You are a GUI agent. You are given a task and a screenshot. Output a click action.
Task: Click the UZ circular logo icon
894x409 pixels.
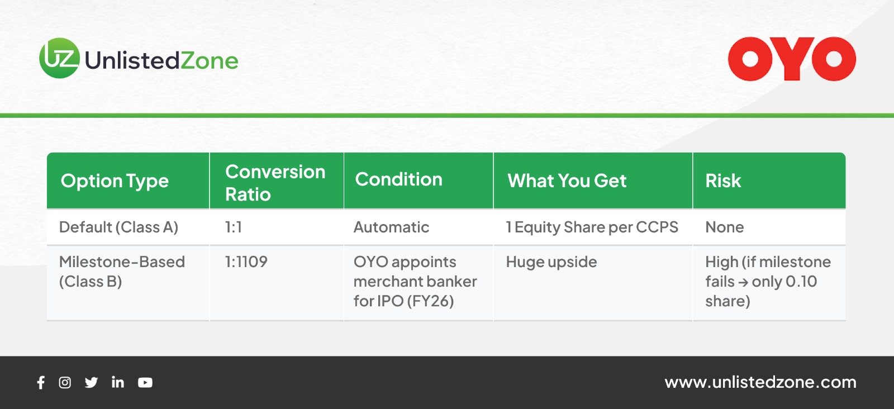[x=59, y=58]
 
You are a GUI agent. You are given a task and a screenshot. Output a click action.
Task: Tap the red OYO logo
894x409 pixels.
[x=792, y=59]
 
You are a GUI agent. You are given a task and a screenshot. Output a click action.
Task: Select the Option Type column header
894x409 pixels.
[x=115, y=181]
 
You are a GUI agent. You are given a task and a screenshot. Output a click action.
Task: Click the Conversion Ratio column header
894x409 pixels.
[x=275, y=183]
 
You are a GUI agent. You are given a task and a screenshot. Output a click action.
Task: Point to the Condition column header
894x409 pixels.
[x=399, y=179]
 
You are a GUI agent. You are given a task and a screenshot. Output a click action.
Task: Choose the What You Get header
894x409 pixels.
[x=567, y=181]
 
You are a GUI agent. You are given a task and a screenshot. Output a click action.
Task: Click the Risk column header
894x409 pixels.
[x=723, y=181]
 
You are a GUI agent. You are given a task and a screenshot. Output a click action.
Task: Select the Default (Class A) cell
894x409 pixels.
[x=118, y=227]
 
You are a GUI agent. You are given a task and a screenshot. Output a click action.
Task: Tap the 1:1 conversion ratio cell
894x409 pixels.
[x=234, y=227]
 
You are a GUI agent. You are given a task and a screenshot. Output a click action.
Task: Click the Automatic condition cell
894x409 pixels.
[x=391, y=227]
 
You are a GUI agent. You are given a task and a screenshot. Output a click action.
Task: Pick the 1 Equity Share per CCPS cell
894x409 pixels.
[x=592, y=227]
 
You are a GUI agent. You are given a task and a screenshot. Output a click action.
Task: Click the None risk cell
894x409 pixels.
[x=724, y=227]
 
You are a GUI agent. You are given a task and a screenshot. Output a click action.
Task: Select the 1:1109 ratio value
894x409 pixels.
[x=246, y=261]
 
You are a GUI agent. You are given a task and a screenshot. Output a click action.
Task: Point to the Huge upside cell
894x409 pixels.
[x=551, y=262]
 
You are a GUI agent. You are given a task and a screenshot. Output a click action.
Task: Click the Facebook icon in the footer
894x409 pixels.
[x=41, y=382]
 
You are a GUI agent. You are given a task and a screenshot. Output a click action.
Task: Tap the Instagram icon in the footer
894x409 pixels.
[x=65, y=382]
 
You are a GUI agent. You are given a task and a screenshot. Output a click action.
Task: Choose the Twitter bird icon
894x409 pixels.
[x=92, y=382]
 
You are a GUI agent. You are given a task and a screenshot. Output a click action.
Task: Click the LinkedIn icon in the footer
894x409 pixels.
[x=118, y=382]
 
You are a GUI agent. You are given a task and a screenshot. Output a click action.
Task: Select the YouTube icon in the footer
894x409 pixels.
[x=145, y=382]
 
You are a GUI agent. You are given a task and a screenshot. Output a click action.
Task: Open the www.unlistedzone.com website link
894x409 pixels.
[x=760, y=382]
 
